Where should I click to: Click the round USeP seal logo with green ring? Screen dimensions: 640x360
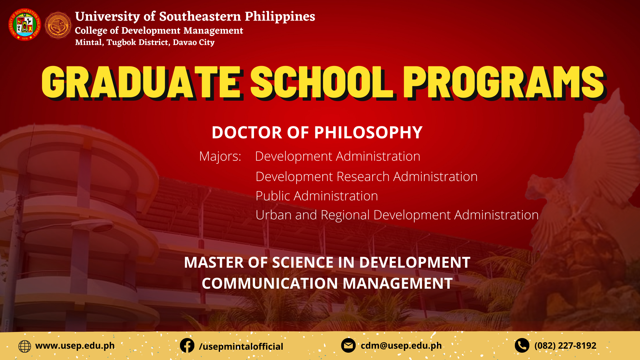point(25,25)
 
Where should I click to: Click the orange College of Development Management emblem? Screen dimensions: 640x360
point(58,25)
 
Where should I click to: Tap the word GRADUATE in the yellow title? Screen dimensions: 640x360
point(141,82)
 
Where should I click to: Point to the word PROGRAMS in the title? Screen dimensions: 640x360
point(504,82)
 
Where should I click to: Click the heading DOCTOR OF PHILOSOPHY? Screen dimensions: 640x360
point(317,132)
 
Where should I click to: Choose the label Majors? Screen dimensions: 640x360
point(220,156)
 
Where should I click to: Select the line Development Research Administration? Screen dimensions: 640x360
point(366,177)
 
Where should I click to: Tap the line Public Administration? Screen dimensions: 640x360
point(317,196)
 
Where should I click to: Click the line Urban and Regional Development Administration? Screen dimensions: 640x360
point(397,215)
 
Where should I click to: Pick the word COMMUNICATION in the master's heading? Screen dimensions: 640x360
point(270,283)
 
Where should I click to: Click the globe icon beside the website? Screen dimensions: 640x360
point(25,346)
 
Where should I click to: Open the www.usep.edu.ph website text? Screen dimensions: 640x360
point(75,346)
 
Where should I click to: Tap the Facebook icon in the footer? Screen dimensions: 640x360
point(187,346)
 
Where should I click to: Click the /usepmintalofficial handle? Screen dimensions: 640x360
point(241,347)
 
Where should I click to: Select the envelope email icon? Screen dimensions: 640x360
point(348,346)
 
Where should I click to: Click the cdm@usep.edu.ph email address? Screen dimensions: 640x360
point(401,346)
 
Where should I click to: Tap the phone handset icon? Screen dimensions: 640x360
point(522,346)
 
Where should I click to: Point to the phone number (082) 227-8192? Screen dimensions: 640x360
point(565,346)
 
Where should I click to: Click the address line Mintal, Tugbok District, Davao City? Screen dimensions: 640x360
point(145,42)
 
